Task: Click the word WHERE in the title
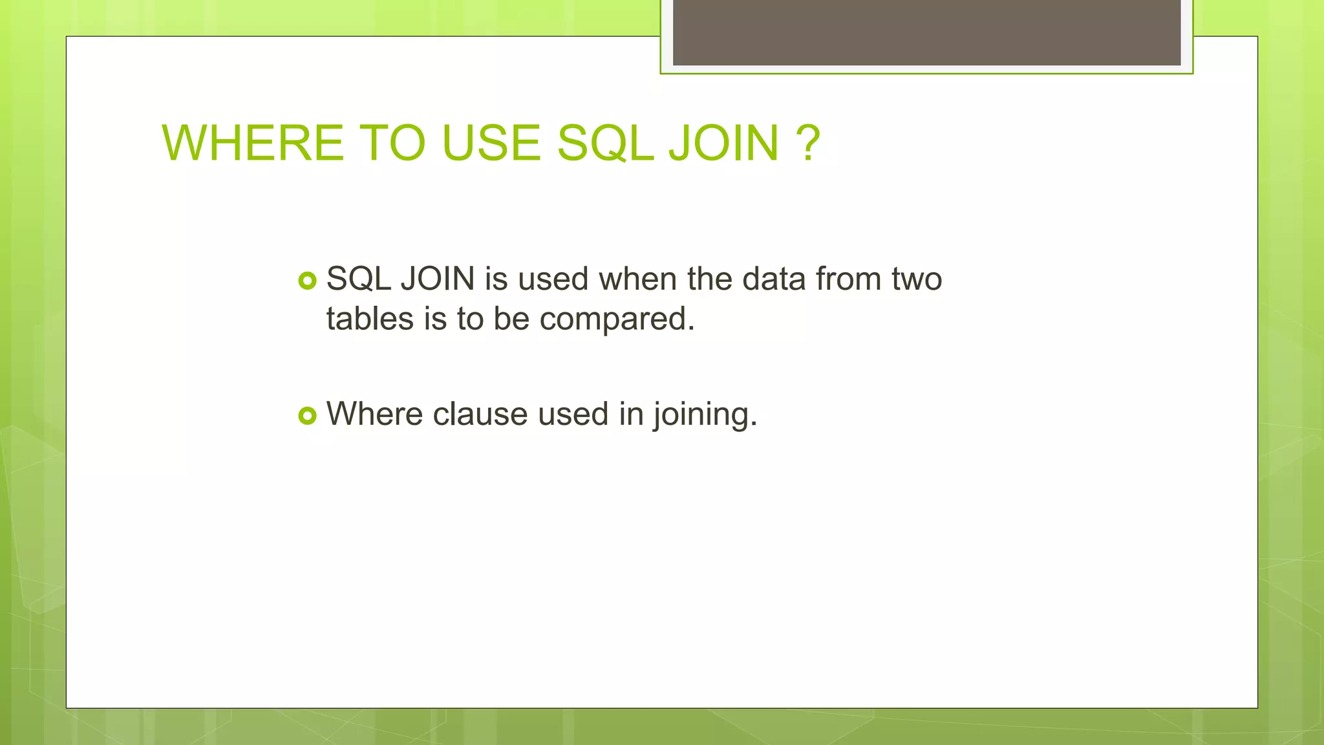(252, 143)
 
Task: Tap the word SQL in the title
(605, 143)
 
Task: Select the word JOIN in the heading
(723, 143)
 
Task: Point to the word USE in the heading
(491, 143)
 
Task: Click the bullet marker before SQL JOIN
(308, 281)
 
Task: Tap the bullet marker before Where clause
(308, 415)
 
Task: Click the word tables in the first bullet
(370, 319)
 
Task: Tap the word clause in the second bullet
(480, 414)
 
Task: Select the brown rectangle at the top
(926, 32)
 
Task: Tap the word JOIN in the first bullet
(438, 279)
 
